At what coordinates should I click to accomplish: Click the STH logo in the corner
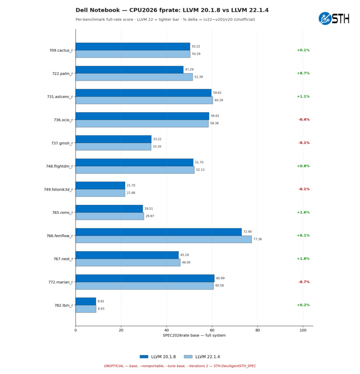pyautogui.click(x=334, y=18)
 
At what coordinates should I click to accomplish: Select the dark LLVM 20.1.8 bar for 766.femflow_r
pyautogui.click(x=158, y=232)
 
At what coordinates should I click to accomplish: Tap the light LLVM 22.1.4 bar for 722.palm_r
pyautogui.click(x=134, y=77)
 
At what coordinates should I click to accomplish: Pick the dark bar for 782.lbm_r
pyautogui.click(x=86, y=301)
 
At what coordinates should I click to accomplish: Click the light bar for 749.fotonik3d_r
pyautogui.click(x=100, y=193)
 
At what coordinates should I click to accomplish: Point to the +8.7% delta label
pyautogui.click(x=303, y=73)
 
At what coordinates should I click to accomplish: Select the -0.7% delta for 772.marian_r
pyautogui.click(x=304, y=282)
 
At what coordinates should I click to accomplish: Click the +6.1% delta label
pyautogui.click(x=303, y=235)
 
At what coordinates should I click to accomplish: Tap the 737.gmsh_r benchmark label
pyautogui.click(x=62, y=143)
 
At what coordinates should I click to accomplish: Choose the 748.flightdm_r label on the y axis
pyautogui.click(x=59, y=166)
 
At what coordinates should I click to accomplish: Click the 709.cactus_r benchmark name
pyautogui.click(x=61, y=50)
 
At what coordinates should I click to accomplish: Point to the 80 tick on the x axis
pyautogui.click(x=257, y=330)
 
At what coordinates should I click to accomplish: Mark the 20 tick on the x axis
pyautogui.click(x=121, y=330)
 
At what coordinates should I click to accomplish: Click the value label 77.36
pyautogui.click(x=257, y=239)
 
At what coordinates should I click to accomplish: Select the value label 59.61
pyautogui.click(x=217, y=93)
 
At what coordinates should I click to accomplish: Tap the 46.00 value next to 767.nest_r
pyautogui.click(x=186, y=262)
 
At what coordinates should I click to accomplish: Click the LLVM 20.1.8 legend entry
pyautogui.click(x=157, y=357)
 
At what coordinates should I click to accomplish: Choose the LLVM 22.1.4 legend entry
pyautogui.click(x=202, y=357)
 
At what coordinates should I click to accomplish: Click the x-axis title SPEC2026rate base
pyautogui.click(x=194, y=335)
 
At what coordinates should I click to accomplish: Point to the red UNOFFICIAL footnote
pyautogui.click(x=180, y=366)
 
